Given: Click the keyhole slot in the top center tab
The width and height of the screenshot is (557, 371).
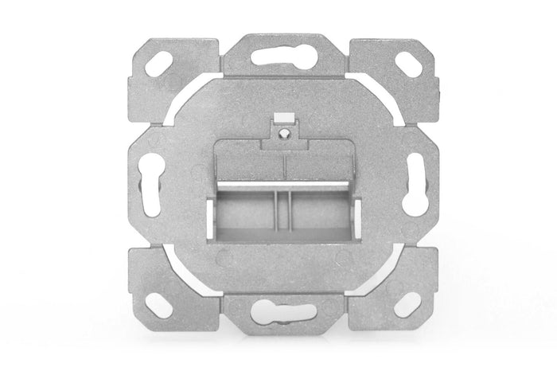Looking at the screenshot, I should [x=278, y=56].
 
